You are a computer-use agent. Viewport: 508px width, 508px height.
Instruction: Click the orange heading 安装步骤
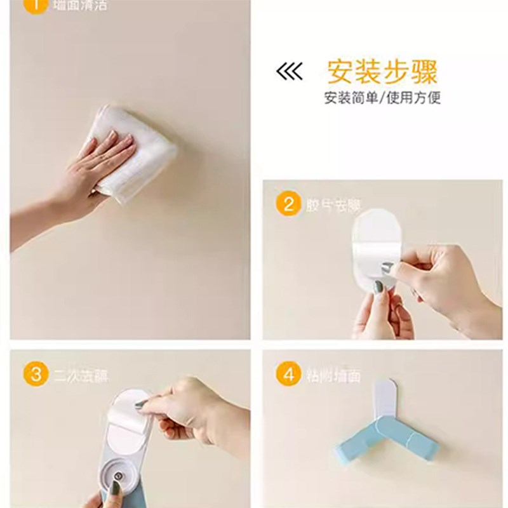click(382, 72)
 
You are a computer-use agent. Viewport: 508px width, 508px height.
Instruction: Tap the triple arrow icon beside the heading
click(290, 72)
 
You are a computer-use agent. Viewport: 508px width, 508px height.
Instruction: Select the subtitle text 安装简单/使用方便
click(382, 98)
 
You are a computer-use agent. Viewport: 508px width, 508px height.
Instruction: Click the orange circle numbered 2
click(288, 204)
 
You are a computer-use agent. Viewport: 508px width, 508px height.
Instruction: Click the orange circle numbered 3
click(36, 374)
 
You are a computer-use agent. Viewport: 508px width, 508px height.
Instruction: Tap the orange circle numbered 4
click(288, 374)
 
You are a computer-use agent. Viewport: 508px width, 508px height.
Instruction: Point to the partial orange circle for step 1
click(36, 5)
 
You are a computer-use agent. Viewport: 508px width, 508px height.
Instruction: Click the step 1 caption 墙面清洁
click(81, 5)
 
